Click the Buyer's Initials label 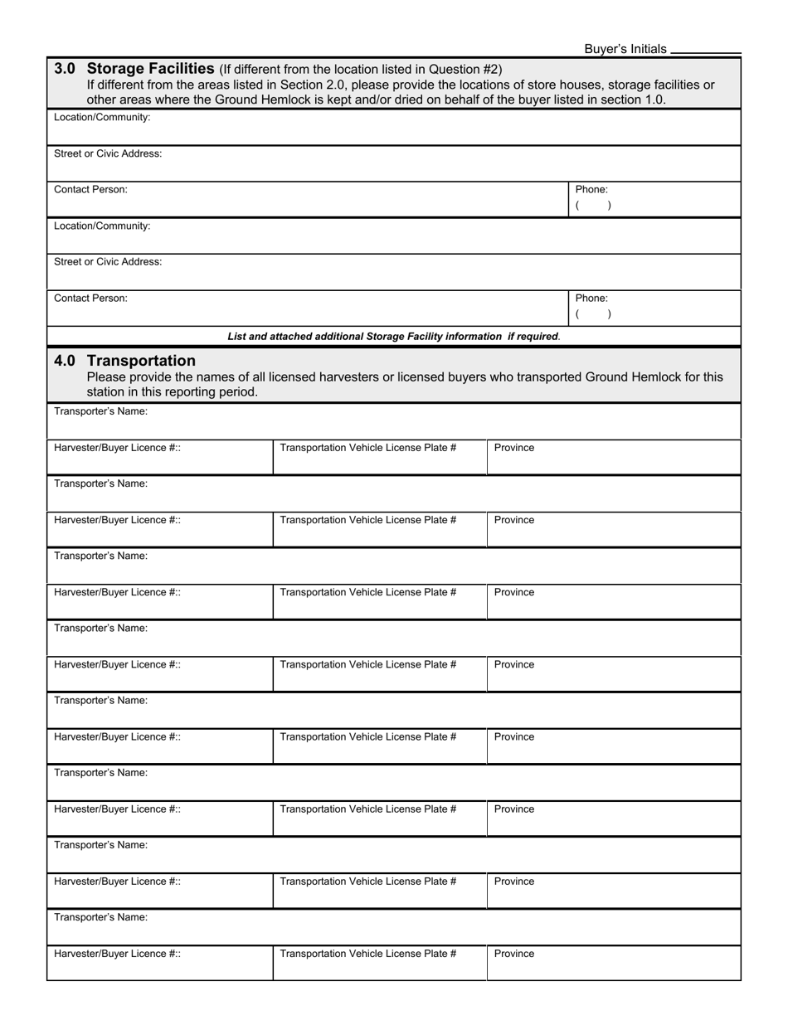point(625,49)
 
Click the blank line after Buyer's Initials point(705,51)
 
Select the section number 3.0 point(66,69)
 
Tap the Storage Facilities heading point(151,69)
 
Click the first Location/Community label point(102,118)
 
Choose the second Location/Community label point(102,226)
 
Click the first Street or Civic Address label point(108,153)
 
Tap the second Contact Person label point(90,298)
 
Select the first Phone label point(591,190)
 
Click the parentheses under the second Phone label point(593,314)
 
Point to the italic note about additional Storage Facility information point(393,337)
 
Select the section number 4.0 point(66,361)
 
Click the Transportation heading point(141,361)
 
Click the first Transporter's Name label point(100,411)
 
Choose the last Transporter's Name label point(100,917)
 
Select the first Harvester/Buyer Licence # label point(117,448)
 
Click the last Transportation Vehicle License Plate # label point(367,954)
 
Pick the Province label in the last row point(514,954)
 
